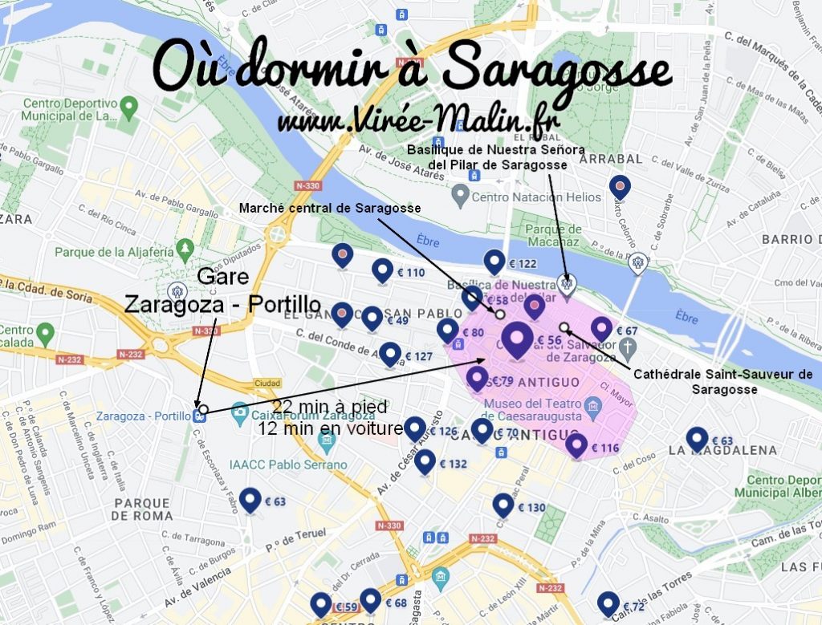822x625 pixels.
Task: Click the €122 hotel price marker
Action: [495, 262]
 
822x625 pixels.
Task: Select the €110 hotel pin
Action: [383, 271]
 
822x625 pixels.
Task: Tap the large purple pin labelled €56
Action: [518, 339]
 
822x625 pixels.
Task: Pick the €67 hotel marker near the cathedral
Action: [602, 329]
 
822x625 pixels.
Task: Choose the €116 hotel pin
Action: [576, 445]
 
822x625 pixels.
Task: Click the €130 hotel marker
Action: [503, 505]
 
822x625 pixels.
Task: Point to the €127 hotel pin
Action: [390, 355]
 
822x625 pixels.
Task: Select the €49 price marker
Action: [372, 319]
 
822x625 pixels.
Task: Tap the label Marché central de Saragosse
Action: [330, 209]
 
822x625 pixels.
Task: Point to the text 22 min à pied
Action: [329, 406]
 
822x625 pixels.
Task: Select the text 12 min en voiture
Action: [330, 429]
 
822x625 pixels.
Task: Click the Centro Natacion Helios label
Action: [535, 197]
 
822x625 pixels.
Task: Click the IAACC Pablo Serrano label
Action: [287, 465]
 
